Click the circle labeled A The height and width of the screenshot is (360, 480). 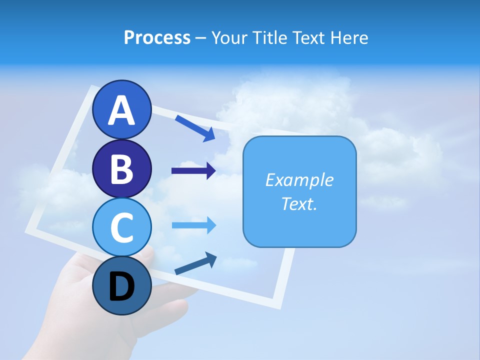(x=121, y=109)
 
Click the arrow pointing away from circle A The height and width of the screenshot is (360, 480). (x=195, y=128)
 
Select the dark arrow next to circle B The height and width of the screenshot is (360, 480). (x=193, y=171)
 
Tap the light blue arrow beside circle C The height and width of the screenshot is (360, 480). (x=193, y=225)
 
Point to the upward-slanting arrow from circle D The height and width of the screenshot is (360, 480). (x=195, y=263)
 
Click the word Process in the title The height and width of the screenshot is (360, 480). (x=157, y=37)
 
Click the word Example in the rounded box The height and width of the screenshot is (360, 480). (x=299, y=180)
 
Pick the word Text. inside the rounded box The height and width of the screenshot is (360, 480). (x=299, y=203)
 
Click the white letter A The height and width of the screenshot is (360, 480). (x=121, y=110)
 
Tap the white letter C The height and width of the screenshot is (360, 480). (x=121, y=227)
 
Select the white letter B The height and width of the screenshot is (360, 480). (x=121, y=169)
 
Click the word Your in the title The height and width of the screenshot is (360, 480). (x=228, y=38)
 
